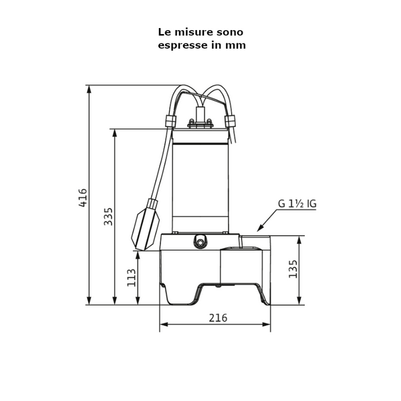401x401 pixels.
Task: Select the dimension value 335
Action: (108, 216)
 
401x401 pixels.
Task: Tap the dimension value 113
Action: (132, 277)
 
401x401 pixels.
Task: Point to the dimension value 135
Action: (293, 269)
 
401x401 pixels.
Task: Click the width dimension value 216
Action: (218, 318)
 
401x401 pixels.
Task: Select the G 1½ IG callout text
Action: (297, 204)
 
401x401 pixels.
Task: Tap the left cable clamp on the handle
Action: (170, 122)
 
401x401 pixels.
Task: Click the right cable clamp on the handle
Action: (231, 121)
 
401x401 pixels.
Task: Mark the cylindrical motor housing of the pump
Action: (200, 180)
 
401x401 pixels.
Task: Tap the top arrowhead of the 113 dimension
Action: (138, 254)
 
